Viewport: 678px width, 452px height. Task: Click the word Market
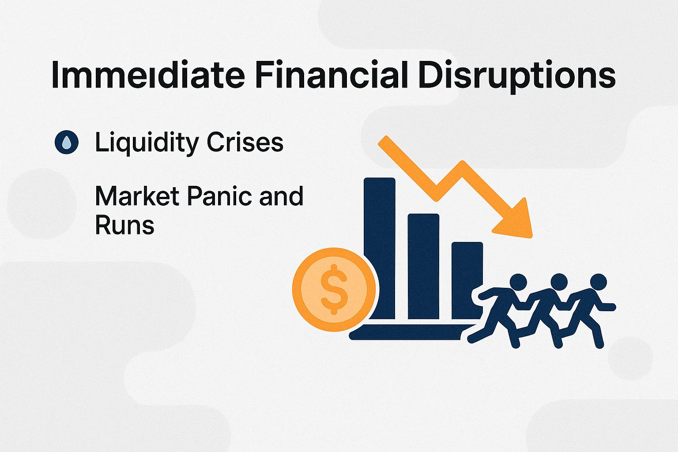[137, 196]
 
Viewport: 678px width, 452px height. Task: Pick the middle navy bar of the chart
[423, 265]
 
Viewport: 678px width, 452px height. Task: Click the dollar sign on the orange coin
[334, 290]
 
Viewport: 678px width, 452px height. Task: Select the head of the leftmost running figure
[518, 282]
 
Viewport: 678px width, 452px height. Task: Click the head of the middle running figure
[559, 281]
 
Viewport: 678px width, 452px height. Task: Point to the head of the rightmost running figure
[599, 282]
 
